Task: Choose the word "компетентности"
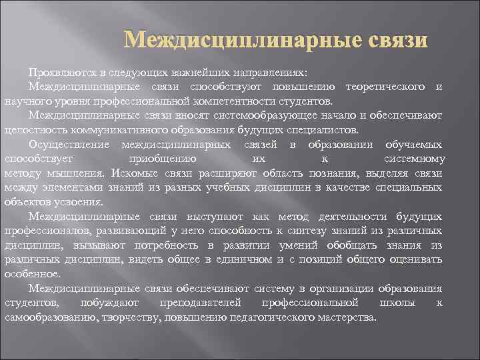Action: point(235,101)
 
